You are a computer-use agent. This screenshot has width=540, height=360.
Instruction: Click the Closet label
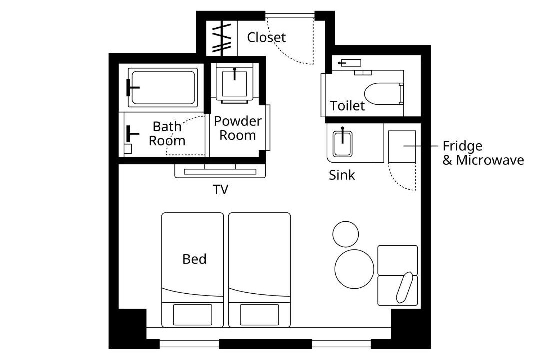tap(266, 37)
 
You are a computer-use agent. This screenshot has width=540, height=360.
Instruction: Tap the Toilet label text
tap(347, 106)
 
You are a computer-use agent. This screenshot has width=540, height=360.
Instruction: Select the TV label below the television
tap(221, 190)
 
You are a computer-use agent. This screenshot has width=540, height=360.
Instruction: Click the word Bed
tap(194, 259)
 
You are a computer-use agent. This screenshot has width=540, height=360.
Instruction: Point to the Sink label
tap(341, 175)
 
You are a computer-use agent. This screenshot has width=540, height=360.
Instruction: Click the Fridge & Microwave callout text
tap(483, 153)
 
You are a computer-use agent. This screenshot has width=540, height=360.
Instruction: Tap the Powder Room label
tap(237, 128)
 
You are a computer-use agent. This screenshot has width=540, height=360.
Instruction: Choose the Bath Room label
tap(167, 133)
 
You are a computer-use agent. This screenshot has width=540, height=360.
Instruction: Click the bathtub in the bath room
tap(163, 87)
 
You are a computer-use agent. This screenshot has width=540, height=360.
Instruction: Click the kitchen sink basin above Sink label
tap(342, 143)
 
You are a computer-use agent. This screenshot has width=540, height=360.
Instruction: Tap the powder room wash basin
tap(235, 83)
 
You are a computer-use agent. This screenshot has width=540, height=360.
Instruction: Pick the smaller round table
tap(346, 234)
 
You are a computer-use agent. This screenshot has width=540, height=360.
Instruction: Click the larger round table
tap(354, 269)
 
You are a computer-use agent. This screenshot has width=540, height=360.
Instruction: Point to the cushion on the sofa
tap(405, 287)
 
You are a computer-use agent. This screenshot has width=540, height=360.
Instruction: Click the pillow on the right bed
tap(259, 315)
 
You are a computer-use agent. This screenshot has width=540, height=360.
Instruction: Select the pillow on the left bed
tap(192, 315)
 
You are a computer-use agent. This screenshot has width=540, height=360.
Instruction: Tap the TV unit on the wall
tap(220, 171)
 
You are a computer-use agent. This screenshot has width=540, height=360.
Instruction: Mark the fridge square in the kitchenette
tap(402, 146)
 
